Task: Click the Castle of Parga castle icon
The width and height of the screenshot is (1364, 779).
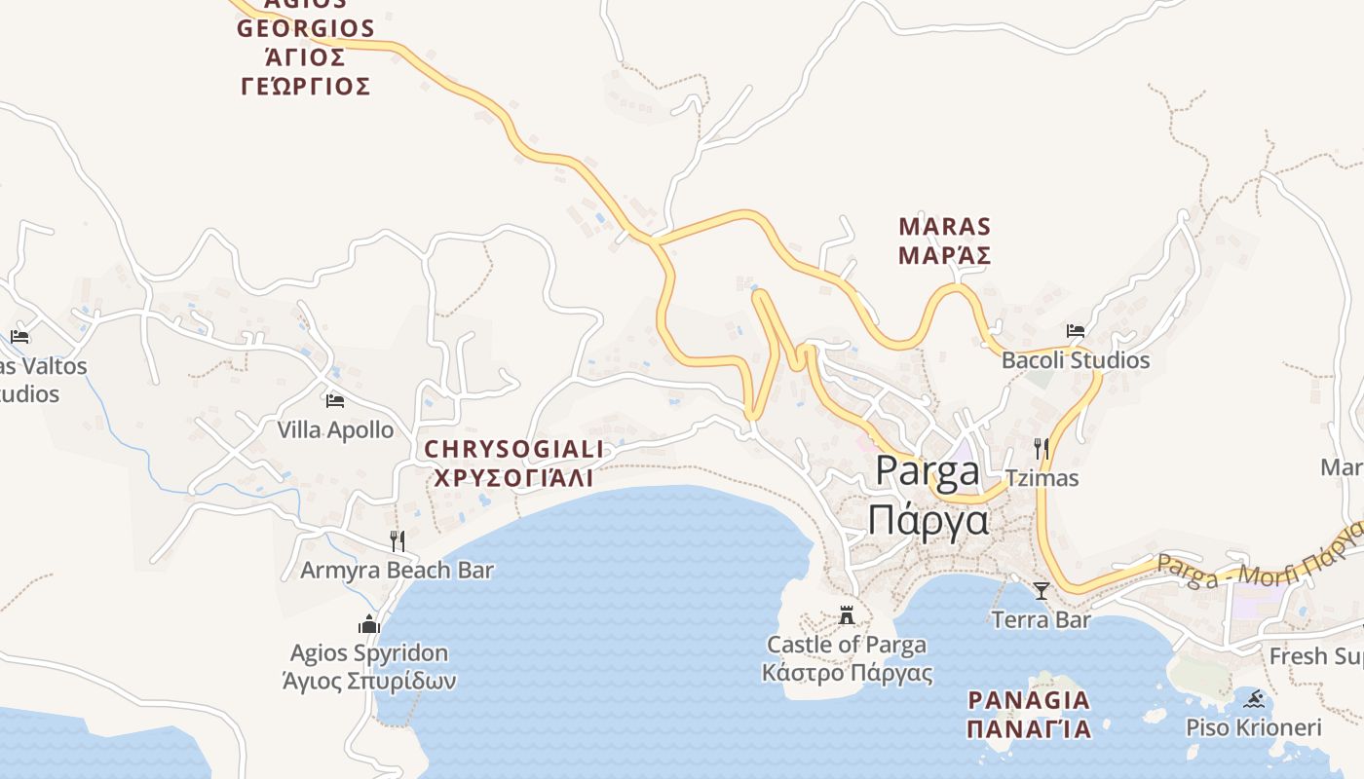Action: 847,615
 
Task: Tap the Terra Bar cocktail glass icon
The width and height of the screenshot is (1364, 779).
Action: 1041,590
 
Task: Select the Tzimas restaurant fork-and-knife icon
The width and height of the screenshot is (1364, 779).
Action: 1042,449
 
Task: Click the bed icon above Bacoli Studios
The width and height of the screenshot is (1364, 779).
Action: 1076,331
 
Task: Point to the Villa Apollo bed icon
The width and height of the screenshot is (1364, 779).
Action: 335,400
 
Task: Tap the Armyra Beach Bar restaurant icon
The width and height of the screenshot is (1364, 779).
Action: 398,540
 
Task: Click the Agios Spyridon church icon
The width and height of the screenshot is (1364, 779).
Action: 369,623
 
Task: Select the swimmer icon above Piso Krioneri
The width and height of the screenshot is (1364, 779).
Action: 1254,698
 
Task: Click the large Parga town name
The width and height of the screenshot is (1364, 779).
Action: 928,470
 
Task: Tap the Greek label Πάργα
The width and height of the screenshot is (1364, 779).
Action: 928,521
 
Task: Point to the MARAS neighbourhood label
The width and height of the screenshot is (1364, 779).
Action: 944,227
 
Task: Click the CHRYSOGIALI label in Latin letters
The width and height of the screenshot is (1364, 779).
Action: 514,449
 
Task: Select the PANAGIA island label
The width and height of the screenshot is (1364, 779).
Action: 1028,699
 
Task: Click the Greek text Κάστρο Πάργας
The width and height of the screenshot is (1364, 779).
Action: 847,673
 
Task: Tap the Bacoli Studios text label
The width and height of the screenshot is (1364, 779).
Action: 1076,360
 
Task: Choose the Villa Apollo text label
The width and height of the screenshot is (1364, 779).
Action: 335,429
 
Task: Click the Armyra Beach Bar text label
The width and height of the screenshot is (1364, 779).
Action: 397,570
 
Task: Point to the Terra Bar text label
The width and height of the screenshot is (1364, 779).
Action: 1041,619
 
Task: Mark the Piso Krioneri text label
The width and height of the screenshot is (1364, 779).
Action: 1253,727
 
